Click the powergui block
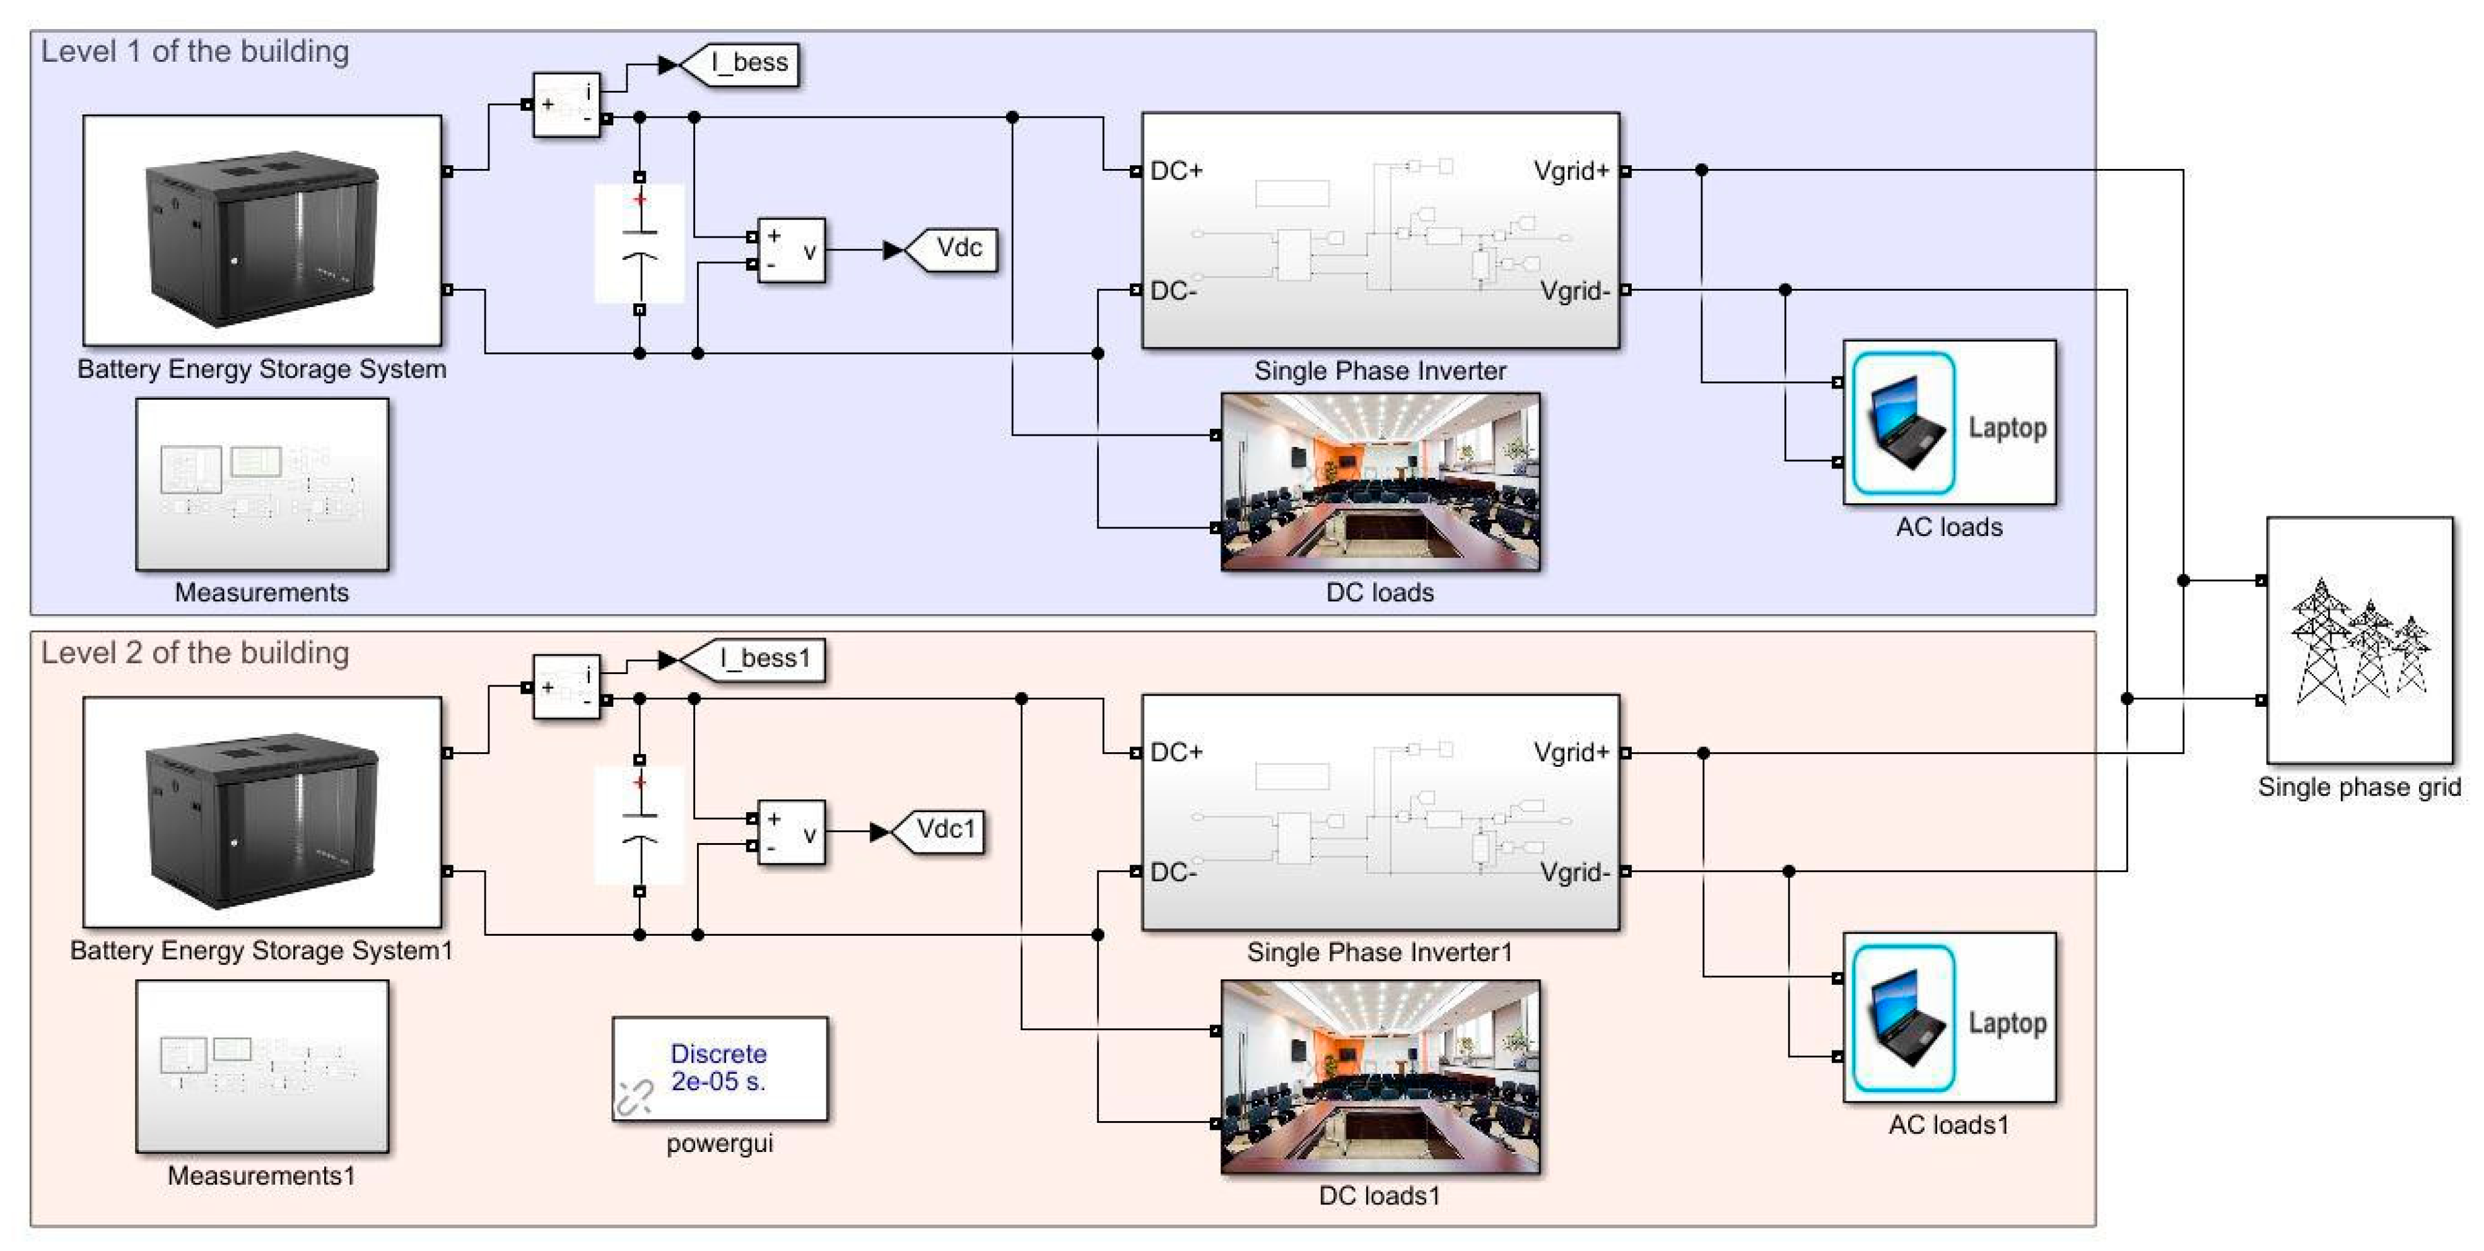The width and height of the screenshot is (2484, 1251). coord(719,1068)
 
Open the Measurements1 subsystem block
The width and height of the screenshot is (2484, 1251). coord(262,1066)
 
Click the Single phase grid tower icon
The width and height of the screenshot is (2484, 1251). coord(2358,640)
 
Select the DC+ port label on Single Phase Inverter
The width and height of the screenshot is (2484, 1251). coord(1176,172)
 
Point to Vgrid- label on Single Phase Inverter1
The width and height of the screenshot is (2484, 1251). coord(1574,872)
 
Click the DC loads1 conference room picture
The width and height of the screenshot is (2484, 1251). coord(1380,1076)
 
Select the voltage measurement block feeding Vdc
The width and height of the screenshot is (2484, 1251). coord(792,250)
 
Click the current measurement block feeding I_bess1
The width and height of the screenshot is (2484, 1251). coord(567,686)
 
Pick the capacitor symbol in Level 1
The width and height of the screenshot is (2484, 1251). coord(640,244)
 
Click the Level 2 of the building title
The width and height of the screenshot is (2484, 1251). coord(195,653)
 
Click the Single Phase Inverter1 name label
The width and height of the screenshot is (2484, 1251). coord(1379,952)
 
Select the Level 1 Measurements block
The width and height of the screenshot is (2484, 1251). coord(262,484)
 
